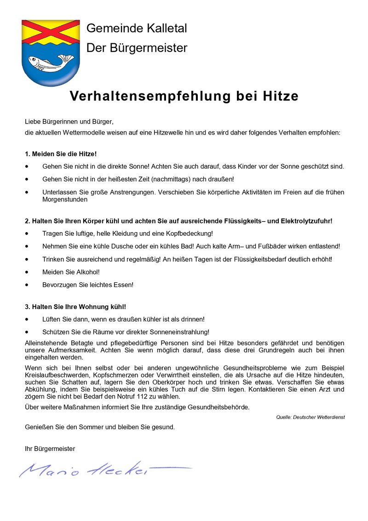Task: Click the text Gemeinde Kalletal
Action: (x=137, y=29)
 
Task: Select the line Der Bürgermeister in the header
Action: (x=137, y=48)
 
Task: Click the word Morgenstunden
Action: (x=64, y=200)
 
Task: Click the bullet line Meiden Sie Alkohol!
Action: (x=71, y=272)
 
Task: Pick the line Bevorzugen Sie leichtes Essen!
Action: (x=87, y=285)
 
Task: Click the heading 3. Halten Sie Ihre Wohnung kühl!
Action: (x=75, y=306)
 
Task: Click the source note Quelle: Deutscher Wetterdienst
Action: (x=310, y=417)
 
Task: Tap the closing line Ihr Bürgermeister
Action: (x=50, y=448)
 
